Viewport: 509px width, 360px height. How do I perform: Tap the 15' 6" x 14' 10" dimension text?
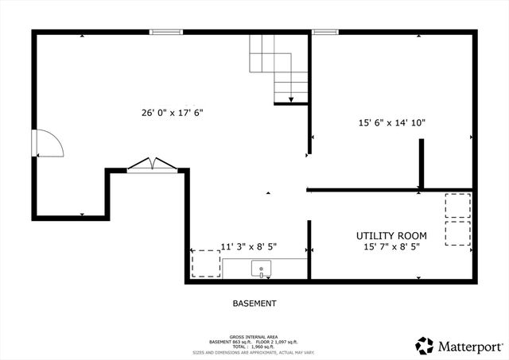point(391,123)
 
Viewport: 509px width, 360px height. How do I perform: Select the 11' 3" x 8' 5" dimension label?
point(248,247)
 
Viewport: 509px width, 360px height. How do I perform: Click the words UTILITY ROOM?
point(391,236)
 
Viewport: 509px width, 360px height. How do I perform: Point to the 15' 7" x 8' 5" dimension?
point(391,247)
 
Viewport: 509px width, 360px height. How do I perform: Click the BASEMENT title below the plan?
point(254,304)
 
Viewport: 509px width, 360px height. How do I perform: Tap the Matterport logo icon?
point(425,346)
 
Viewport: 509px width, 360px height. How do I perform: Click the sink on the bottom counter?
point(261,269)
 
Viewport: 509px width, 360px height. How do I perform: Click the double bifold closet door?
point(151,165)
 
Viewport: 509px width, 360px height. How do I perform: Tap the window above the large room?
point(166,32)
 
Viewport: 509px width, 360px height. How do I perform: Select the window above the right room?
point(324,32)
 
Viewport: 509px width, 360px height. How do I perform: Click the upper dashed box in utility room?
point(457,206)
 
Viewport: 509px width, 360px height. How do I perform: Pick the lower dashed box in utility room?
point(457,234)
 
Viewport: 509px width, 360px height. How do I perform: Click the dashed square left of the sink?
point(206,263)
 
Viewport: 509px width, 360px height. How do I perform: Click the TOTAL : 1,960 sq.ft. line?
point(254,346)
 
